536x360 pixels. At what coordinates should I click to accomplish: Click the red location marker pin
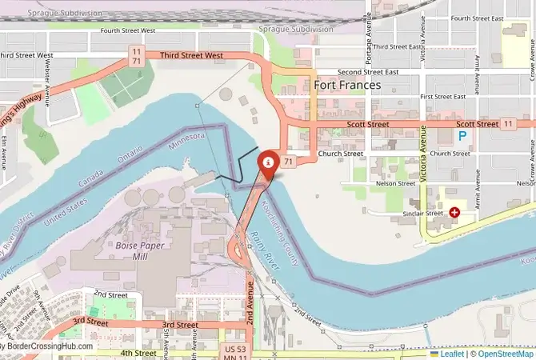point(269,163)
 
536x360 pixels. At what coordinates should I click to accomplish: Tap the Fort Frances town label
point(347,85)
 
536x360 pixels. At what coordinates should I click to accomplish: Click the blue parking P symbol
point(462,137)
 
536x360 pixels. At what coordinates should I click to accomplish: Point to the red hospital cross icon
point(454,213)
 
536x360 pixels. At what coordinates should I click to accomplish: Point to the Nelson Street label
point(394,183)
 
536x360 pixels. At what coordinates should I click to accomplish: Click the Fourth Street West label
point(128,31)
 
